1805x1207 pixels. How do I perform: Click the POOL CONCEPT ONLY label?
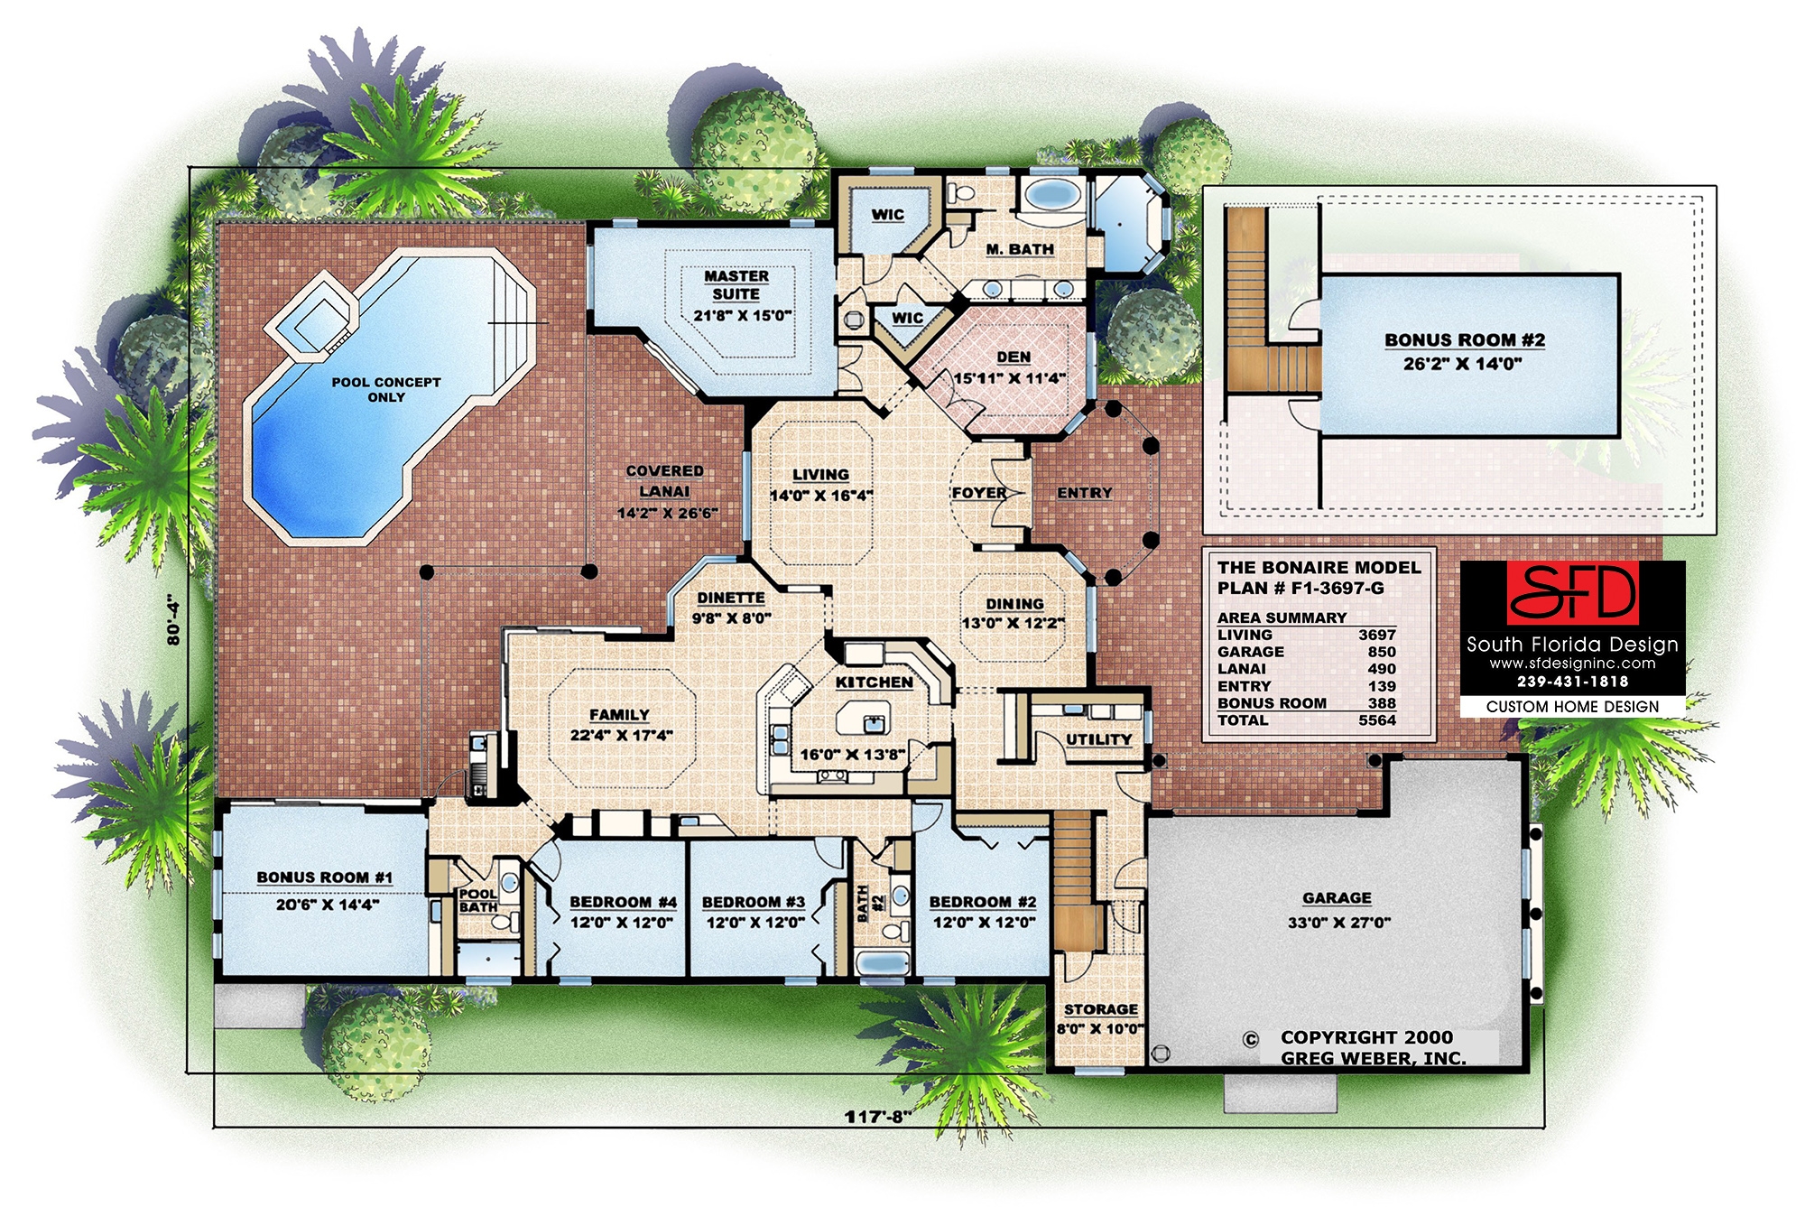click(386, 389)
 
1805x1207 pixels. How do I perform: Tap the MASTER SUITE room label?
click(736, 285)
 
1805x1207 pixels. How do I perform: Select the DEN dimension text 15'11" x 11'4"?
click(1010, 378)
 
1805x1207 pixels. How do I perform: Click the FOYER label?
click(979, 493)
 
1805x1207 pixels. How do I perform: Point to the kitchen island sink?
click(874, 723)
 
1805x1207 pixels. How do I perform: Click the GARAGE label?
click(1337, 898)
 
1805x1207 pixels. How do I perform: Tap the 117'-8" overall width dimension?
click(878, 1117)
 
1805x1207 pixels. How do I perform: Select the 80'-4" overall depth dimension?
click(174, 619)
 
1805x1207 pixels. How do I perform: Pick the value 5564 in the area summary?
click(1376, 720)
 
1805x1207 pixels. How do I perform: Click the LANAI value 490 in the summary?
click(1381, 669)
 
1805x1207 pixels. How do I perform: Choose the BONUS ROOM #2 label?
click(1465, 340)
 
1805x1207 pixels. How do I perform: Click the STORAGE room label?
click(1100, 1009)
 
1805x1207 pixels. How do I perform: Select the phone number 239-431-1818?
click(1572, 682)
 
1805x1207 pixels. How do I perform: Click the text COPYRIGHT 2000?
click(1366, 1038)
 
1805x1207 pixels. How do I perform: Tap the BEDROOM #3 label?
click(754, 902)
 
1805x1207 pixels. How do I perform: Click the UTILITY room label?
click(1098, 739)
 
